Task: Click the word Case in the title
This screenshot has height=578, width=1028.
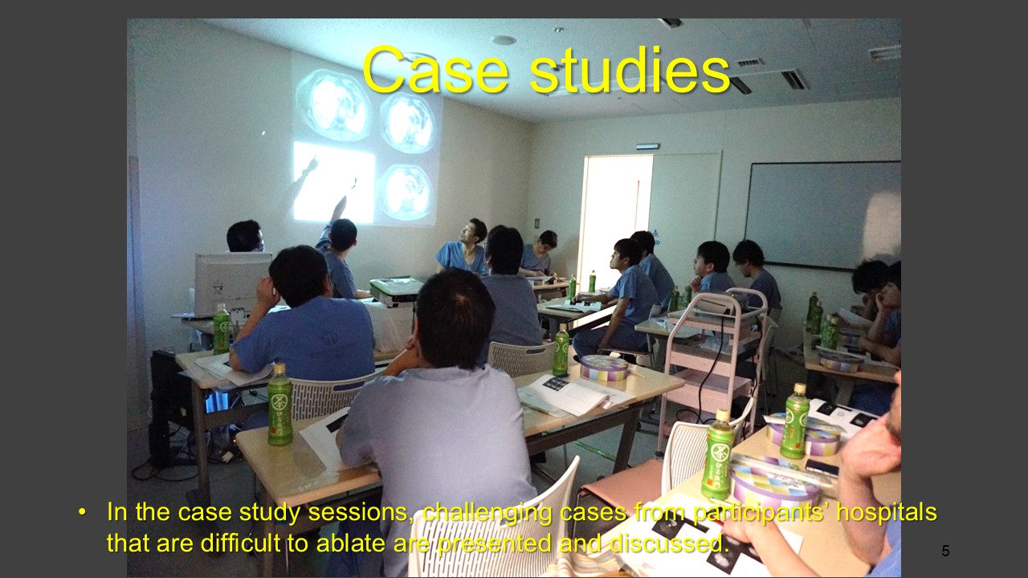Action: point(435,70)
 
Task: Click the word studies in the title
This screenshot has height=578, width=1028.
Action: point(630,69)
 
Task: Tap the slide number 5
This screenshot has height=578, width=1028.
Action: point(945,551)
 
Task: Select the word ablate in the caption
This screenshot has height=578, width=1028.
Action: point(351,543)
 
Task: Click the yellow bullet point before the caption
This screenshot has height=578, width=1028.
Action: point(82,512)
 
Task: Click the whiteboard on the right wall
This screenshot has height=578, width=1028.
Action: point(823,214)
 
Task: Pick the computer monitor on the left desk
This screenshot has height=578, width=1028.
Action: point(232,283)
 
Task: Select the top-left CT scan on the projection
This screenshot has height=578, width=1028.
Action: point(333,104)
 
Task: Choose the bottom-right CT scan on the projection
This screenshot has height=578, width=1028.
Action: point(406,192)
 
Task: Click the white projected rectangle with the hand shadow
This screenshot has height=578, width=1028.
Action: point(333,181)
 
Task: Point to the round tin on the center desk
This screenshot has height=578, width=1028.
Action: point(604,368)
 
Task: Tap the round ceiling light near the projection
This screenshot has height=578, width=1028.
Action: point(504,40)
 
